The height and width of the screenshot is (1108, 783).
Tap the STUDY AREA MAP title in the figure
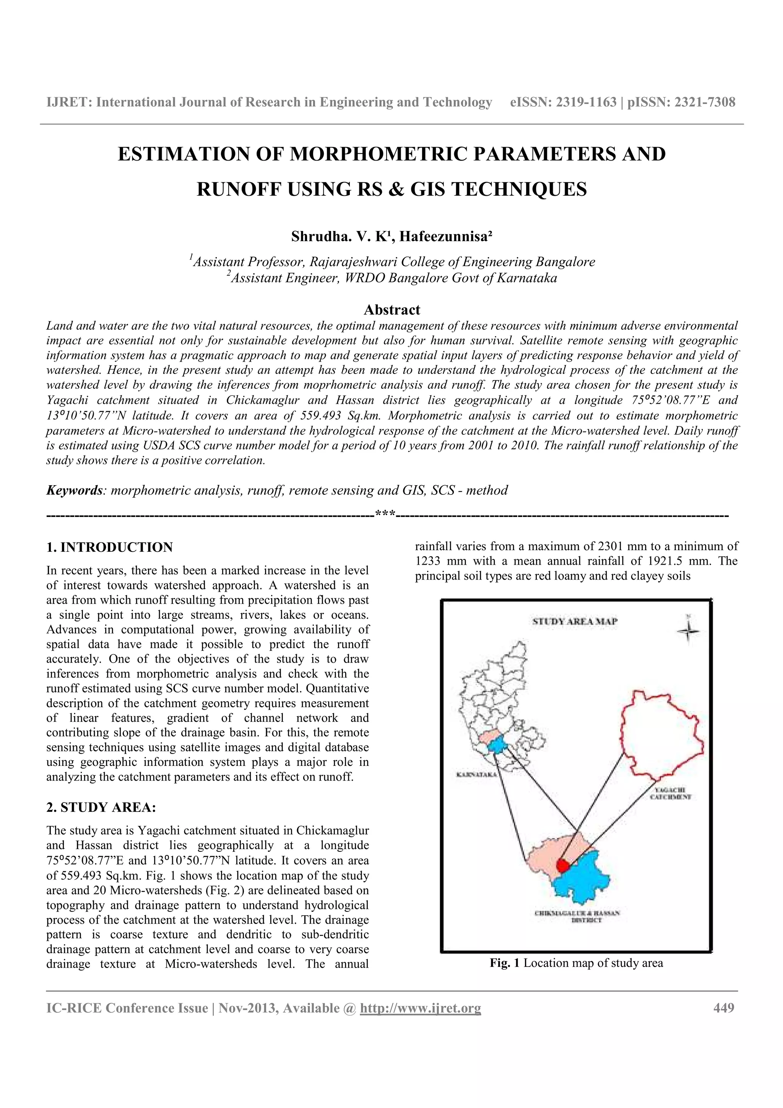[575, 622]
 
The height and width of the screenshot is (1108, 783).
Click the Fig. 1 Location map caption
[576, 963]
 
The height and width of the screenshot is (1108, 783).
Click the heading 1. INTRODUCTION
[109, 547]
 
